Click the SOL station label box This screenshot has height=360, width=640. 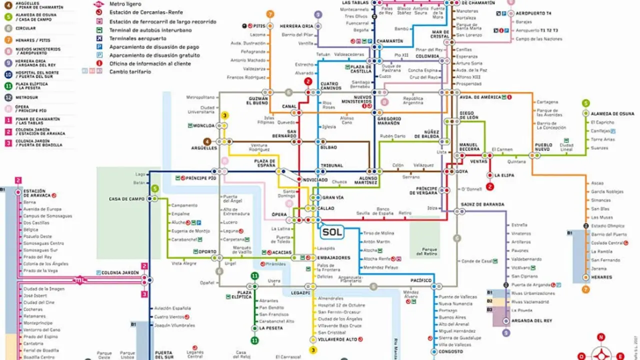pos(332,232)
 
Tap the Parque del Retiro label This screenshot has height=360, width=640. pos(429,251)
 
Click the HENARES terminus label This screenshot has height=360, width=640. pos(601,277)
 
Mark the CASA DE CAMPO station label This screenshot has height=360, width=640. pos(126,199)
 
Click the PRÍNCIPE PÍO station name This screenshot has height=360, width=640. pos(201,178)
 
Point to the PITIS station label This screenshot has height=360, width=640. pos(259,26)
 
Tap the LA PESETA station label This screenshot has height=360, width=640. pos(270,328)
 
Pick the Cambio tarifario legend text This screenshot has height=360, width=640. pos(130,71)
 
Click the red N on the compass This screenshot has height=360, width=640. pos(601,337)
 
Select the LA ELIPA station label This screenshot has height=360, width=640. pos(504,175)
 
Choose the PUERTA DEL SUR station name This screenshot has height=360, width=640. pos(163,355)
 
